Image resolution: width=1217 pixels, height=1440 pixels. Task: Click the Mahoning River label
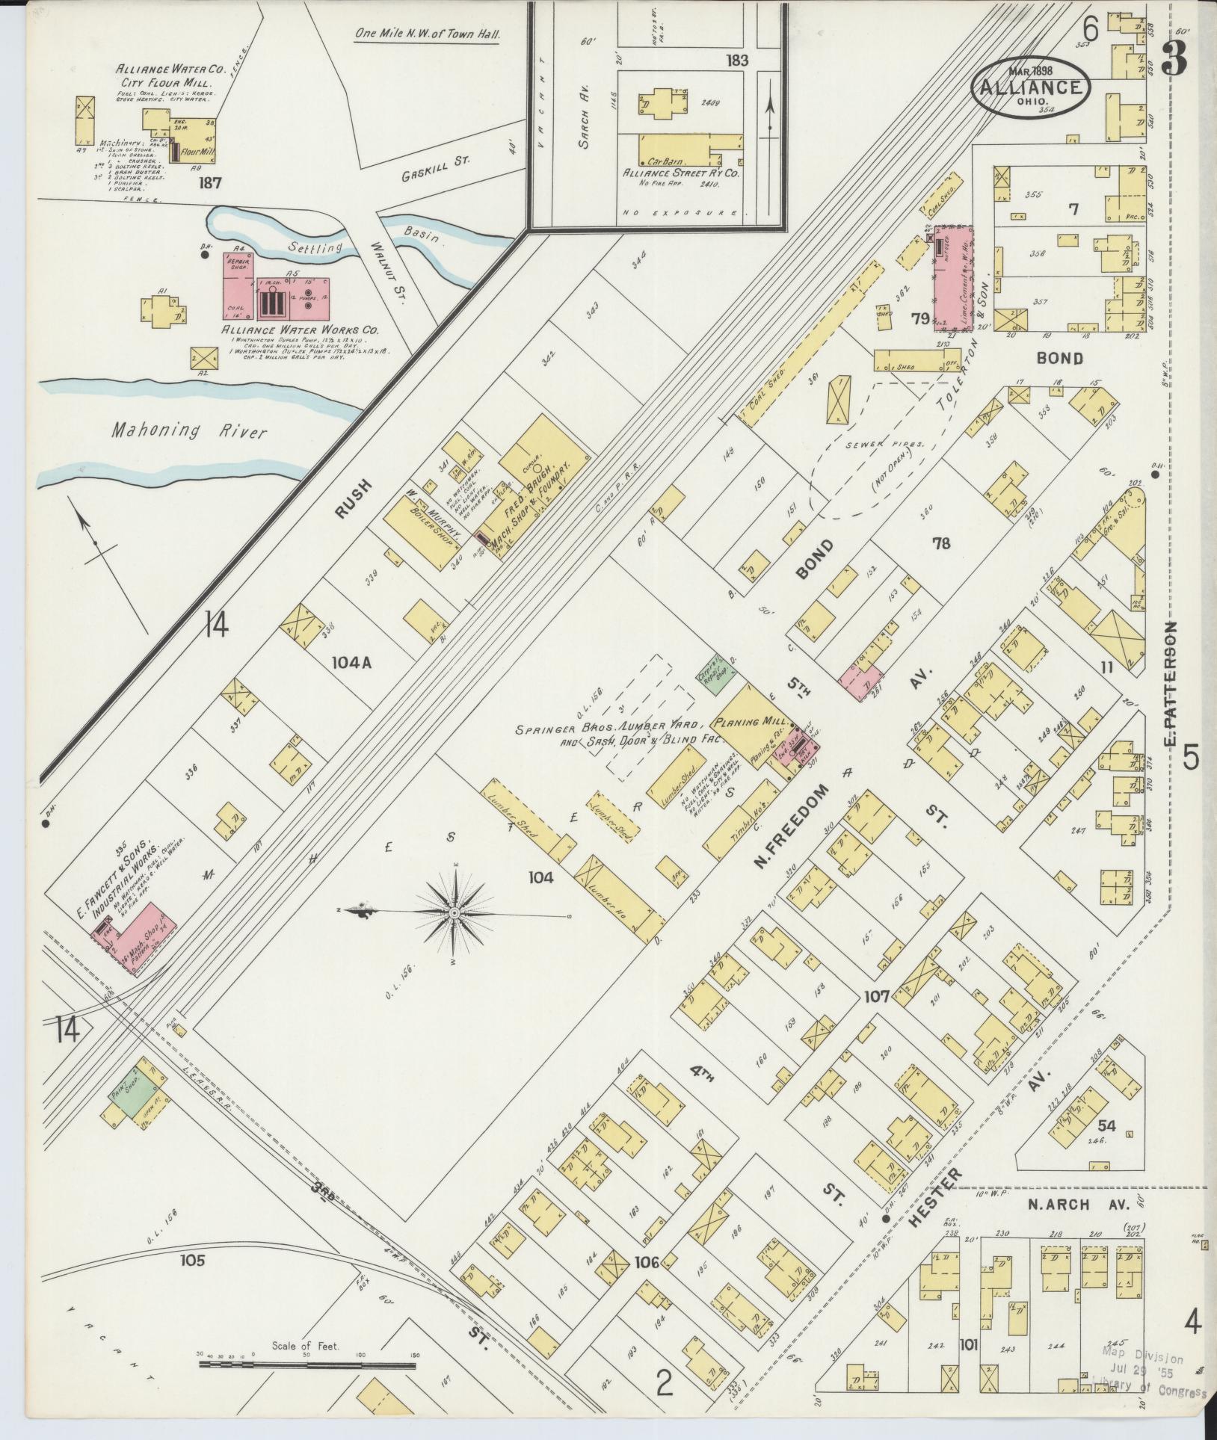(188, 430)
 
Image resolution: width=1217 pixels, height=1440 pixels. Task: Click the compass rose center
(455, 913)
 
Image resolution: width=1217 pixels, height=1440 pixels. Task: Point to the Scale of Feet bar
(306, 1364)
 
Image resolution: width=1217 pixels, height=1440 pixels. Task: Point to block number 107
(876, 997)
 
